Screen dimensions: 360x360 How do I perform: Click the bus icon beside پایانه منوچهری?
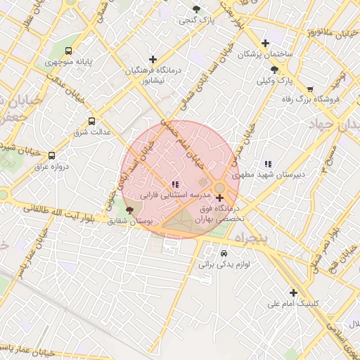coord(68,51)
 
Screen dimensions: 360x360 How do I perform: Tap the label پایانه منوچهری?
coord(69,62)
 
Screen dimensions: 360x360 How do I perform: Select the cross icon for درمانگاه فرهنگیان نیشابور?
coord(153,59)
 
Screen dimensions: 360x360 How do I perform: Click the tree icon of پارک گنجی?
coord(196,9)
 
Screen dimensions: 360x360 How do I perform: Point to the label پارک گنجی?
coord(196,20)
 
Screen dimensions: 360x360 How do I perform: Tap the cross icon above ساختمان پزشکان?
coord(265,43)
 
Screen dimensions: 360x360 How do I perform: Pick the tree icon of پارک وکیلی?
coord(274,70)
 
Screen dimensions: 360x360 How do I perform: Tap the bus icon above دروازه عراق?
coord(51,155)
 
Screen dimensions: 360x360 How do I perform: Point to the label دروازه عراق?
coord(51,167)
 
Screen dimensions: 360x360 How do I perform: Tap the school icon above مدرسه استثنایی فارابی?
coord(174,184)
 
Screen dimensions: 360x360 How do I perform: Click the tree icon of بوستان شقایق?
coord(129,210)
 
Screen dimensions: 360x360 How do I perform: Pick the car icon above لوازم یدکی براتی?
coord(224,253)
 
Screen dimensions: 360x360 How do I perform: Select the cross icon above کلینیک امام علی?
coord(293,292)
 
